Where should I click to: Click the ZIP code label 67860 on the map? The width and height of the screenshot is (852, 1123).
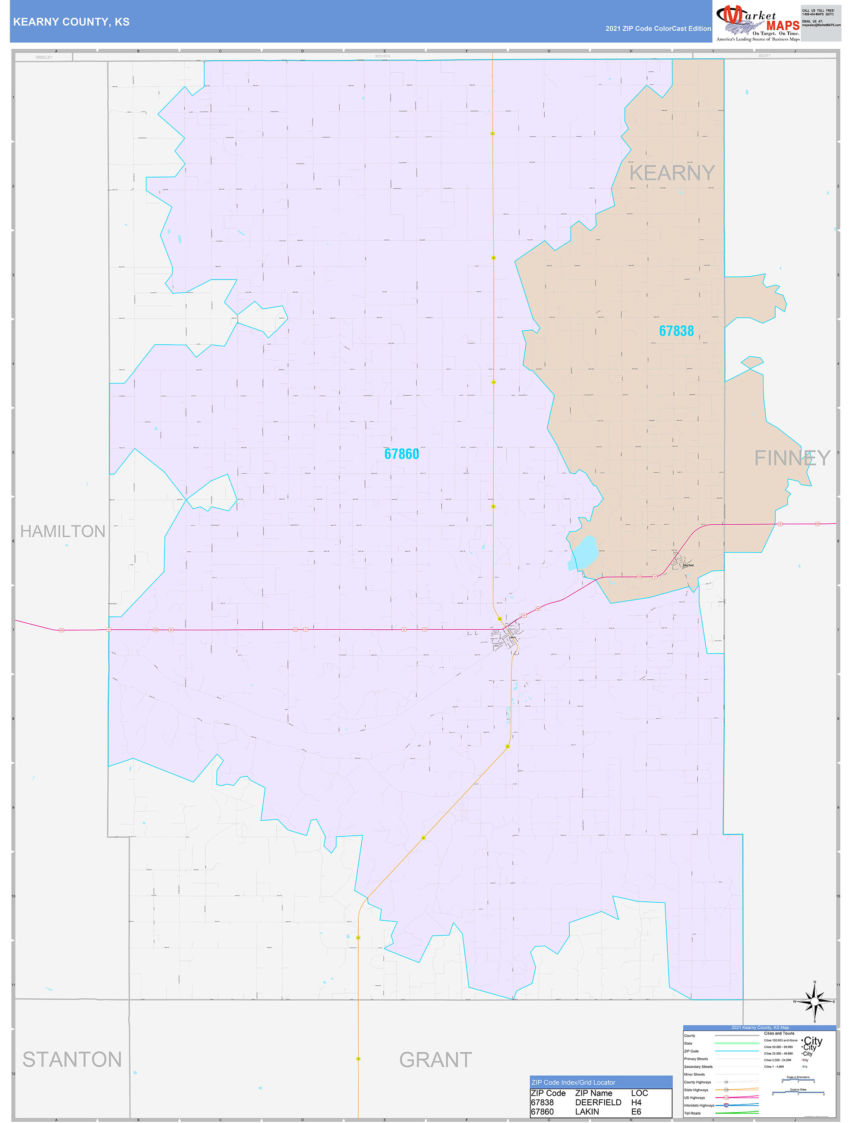click(x=401, y=454)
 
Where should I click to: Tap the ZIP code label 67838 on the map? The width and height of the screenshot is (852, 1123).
click(x=676, y=331)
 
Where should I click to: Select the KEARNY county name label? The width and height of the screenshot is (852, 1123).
click(x=672, y=173)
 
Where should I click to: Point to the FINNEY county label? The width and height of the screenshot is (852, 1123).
click(x=792, y=458)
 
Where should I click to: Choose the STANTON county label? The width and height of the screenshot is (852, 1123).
click(x=72, y=1060)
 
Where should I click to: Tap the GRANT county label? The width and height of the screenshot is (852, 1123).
click(x=435, y=1060)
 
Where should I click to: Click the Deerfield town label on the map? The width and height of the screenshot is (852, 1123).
click(x=688, y=565)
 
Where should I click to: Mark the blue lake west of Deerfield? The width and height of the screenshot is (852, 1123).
click(x=584, y=551)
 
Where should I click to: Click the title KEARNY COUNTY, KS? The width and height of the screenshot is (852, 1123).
click(x=71, y=22)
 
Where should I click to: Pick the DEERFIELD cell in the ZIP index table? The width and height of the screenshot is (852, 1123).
click(x=598, y=1102)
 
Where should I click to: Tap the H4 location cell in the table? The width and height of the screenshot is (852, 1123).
click(x=636, y=1102)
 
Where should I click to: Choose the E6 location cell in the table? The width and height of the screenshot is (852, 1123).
click(x=636, y=1111)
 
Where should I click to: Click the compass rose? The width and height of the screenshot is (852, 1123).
click(x=814, y=1001)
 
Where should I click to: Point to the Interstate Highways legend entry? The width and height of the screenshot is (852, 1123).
click(x=699, y=1105)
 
